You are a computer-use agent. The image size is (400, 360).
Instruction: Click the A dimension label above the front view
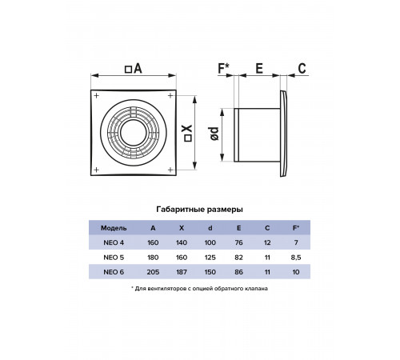point(134,69)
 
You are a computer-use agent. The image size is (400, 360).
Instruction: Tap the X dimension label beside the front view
point(188,133)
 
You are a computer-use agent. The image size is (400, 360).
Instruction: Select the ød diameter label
point(214,134)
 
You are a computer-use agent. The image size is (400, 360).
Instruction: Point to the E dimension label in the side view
point(259,69)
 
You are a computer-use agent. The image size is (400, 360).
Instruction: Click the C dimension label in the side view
point(302,69)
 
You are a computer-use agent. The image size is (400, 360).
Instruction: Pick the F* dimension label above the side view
point(223,68)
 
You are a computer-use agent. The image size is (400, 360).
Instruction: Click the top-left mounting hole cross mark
point(97,95)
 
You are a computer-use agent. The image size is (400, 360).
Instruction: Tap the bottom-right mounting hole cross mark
point(170,170)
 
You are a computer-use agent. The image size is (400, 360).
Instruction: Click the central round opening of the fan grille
point(133,133)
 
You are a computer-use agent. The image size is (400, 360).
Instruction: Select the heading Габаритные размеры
point(199,210)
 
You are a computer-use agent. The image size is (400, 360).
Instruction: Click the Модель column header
point(114,228)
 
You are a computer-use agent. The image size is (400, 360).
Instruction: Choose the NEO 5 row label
point(114,258)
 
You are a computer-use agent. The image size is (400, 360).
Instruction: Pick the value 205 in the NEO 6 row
point(153,272)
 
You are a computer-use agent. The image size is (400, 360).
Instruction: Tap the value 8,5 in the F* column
point(296,258)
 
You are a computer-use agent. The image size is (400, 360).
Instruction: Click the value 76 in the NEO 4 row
point(238,242)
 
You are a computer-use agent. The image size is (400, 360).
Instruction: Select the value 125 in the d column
point(210,258)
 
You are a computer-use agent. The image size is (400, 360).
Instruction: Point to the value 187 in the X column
point(182,272)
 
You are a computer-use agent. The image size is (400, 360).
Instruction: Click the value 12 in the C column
point(267,242)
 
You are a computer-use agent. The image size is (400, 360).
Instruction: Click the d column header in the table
point(210,228)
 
